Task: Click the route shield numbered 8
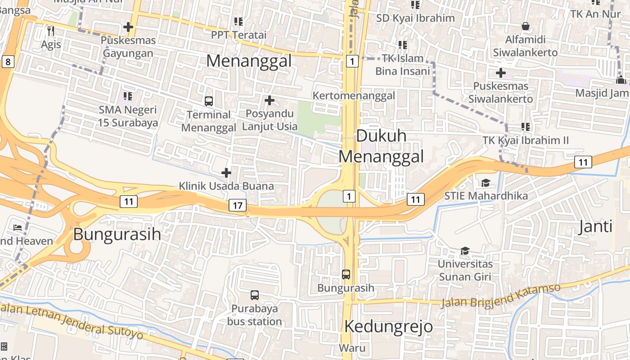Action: (8, 61)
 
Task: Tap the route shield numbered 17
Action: (238, 206)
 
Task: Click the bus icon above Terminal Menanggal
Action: (209, 101)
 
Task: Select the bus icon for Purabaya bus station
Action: (255, 295)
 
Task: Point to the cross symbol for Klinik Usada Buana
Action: (226, 173)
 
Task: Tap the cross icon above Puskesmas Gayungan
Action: (128, 27)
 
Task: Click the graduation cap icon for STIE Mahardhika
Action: (486, 183)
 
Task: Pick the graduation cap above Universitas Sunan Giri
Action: (465, 251)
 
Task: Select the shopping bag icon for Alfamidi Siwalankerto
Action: (525, 26)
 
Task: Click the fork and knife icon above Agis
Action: (51, 31)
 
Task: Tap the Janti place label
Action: (595, 226)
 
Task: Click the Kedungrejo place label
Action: (389, 326)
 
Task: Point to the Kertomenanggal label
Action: (354, 95)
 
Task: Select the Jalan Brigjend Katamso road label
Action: (500, 296)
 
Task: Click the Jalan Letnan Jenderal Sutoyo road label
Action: (72, 321)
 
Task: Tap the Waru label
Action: (352, 348)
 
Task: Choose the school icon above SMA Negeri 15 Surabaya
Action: (128, 96)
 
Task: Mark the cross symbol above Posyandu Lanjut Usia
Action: (270, 100)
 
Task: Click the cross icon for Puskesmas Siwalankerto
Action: (500, 73)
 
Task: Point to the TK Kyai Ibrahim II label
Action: (526, 140)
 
